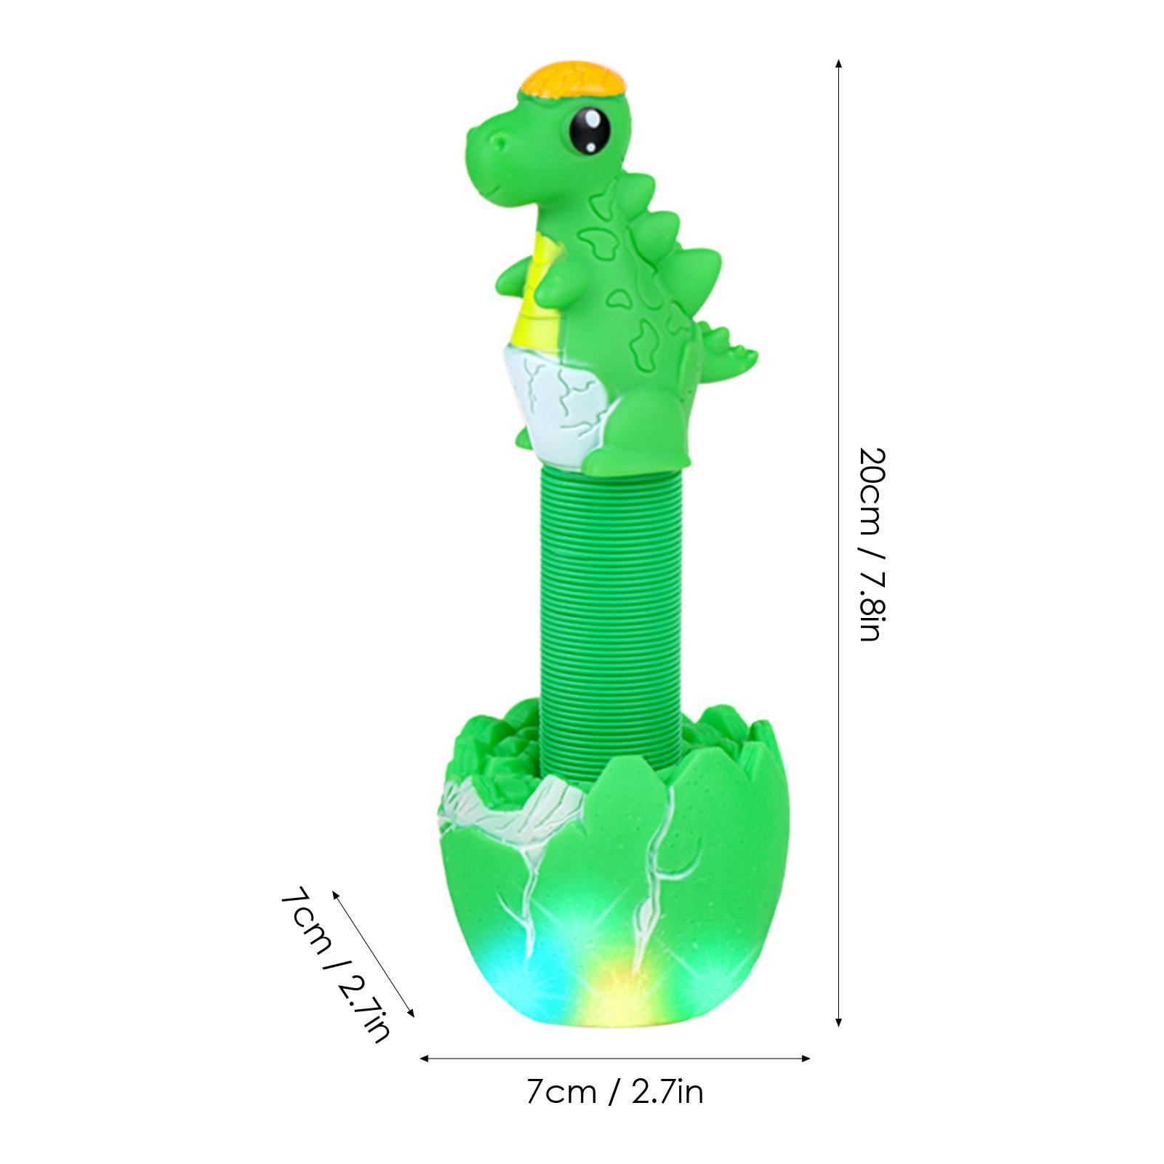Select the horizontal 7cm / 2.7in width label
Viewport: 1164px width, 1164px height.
(614, 1092)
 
